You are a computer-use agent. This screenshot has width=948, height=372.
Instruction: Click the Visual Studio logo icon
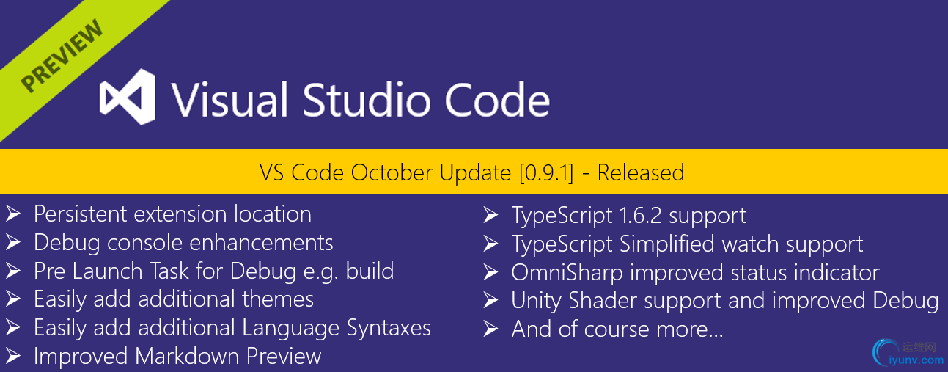128,97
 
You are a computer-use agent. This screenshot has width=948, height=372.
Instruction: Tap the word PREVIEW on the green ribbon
62,56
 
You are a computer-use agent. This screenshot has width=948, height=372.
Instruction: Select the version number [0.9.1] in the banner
546,173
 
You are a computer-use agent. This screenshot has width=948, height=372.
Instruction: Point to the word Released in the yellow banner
641,172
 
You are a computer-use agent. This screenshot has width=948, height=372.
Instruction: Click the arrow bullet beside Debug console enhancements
13,242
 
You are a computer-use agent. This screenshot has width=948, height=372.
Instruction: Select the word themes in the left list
278,299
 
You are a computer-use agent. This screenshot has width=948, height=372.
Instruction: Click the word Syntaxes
389,327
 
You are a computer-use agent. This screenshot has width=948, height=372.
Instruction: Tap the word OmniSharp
567,272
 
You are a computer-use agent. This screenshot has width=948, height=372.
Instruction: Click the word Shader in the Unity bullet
603,300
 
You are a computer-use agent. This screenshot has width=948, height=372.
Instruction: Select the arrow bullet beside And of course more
491,329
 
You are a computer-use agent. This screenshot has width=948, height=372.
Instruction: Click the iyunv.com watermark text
916,360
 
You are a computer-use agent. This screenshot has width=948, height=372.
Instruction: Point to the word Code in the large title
497,100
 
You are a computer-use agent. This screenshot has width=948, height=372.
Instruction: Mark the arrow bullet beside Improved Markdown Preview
13,356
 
